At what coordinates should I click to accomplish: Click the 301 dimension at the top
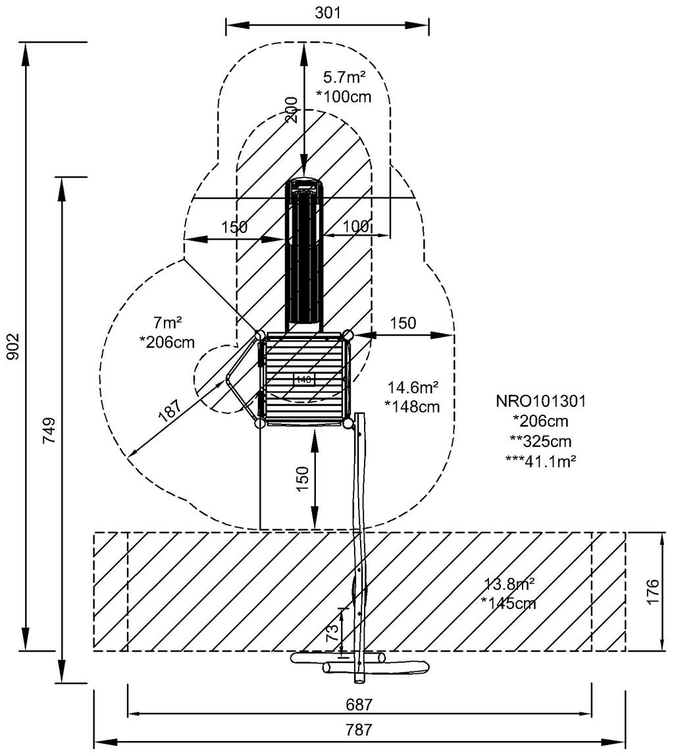tap(327, 12)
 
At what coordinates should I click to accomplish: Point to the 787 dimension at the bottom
tap(359, 730)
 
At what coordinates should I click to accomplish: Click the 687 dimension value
tap(359, 704)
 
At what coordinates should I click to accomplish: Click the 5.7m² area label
tap(344, 78)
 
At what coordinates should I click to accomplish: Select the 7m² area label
tap(167, 323)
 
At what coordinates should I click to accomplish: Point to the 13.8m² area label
tap(509, 584)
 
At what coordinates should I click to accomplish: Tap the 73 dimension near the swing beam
tap(333, 632)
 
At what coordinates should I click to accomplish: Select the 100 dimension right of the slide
tap(356, 227)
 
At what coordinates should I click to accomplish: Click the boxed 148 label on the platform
tap(303, 379)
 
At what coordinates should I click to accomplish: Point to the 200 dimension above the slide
tap(292, 110)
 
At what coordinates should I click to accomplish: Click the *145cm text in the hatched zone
tap(509, 603)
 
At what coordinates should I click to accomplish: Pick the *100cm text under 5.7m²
tap(344, 97)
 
